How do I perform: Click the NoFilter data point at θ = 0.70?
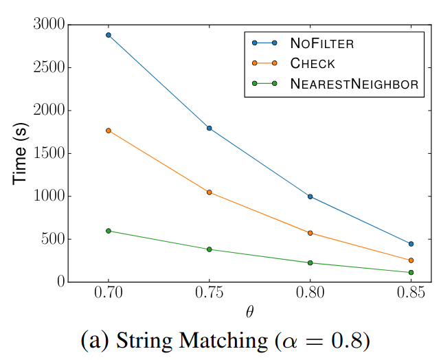109,35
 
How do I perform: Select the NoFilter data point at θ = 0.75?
210,128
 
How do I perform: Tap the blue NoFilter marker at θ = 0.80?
310,196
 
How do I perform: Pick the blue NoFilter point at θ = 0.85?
411,244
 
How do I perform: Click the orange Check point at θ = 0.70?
109,131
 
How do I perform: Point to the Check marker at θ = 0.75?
210,192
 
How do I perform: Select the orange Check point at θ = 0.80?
310,233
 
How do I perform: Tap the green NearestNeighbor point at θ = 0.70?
109,231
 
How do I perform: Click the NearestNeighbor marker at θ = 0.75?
210,249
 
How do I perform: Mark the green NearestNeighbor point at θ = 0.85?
411,273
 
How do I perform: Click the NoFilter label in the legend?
321,43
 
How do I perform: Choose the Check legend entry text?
313,63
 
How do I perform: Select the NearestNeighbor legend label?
354,84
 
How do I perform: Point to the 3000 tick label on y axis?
49,25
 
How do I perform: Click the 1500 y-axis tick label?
49,153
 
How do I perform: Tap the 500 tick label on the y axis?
53,239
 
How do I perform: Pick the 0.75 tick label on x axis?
210,293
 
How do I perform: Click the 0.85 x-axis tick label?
411,293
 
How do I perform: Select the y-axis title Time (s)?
21,153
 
